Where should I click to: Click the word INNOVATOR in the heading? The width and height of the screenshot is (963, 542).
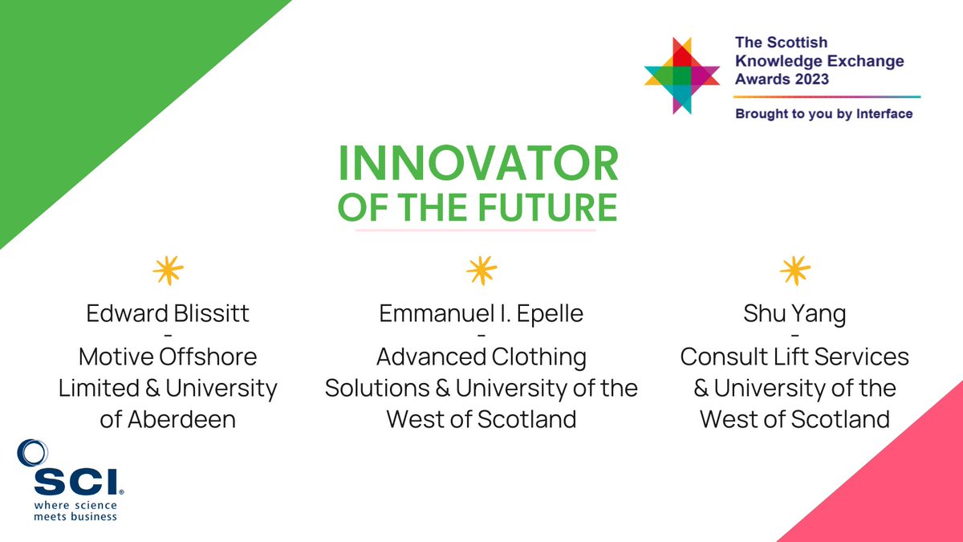pos(478,165)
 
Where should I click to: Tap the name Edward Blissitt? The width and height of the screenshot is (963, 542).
pos(168,313)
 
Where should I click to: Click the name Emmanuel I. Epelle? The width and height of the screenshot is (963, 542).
pos(481,313)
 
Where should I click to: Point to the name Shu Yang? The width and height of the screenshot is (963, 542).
pos(794,313)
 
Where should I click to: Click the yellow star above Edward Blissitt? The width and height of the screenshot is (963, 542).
pos(168,271)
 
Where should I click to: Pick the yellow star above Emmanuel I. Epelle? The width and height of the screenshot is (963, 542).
pos(481,271)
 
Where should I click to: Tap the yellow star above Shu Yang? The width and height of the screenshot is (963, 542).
pos(794,271)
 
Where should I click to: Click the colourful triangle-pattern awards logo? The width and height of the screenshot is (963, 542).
pos(681,75)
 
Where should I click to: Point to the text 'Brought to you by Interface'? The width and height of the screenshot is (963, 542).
pos(823,114)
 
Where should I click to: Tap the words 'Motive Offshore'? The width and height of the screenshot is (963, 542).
pos(168,357)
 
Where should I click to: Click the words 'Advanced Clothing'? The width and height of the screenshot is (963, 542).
pos(481,357)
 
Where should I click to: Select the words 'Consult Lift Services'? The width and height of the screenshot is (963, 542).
pos(794,357)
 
